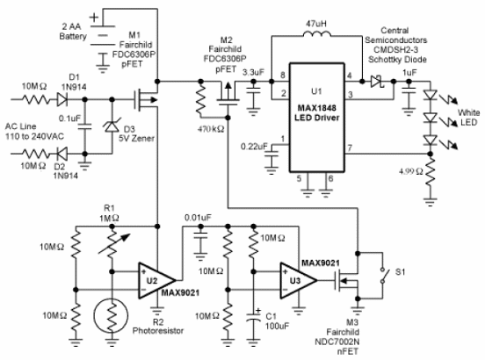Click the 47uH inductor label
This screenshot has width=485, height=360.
point(315,24)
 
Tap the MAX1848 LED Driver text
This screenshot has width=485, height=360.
point(316,112)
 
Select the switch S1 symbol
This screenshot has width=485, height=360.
point(383,275)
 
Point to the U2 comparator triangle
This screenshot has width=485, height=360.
point(157,281)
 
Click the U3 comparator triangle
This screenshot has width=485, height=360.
point(299,281)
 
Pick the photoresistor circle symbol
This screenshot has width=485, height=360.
point(112,315)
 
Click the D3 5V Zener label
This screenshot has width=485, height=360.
point(136,133)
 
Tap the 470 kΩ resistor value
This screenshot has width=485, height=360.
point(211,129)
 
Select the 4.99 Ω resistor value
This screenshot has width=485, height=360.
point(411,171)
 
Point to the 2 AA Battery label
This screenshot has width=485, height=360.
point(73,32)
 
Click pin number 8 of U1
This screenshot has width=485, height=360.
point(282,76)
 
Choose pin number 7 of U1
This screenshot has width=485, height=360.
point(350,148)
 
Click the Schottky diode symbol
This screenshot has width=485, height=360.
point(377,82)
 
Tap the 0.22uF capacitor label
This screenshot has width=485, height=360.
point(254,146)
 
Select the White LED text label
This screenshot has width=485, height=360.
point(468,118)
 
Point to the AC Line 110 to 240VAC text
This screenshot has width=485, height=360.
point(34,132)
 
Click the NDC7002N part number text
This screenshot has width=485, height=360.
point(337,342)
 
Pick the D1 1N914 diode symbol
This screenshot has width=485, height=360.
point(62,99)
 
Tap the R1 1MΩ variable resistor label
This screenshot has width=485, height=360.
point(109,212)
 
